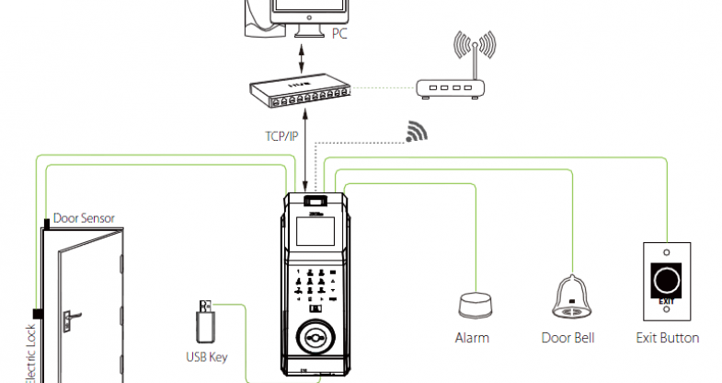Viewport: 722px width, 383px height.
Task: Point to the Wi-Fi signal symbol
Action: click(x=418, y=132)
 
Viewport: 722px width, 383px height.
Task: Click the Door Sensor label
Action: click(x=84, y=218)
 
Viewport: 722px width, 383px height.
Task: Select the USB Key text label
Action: click(x=207, y=356)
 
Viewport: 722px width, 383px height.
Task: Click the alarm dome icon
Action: click(x=476, y=305)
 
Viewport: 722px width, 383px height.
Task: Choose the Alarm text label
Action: click(x=473, y=338)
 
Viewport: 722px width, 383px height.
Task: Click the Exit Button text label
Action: click(x=668, y=338)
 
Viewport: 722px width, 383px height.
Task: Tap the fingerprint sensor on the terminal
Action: click(x=315, y=337)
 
